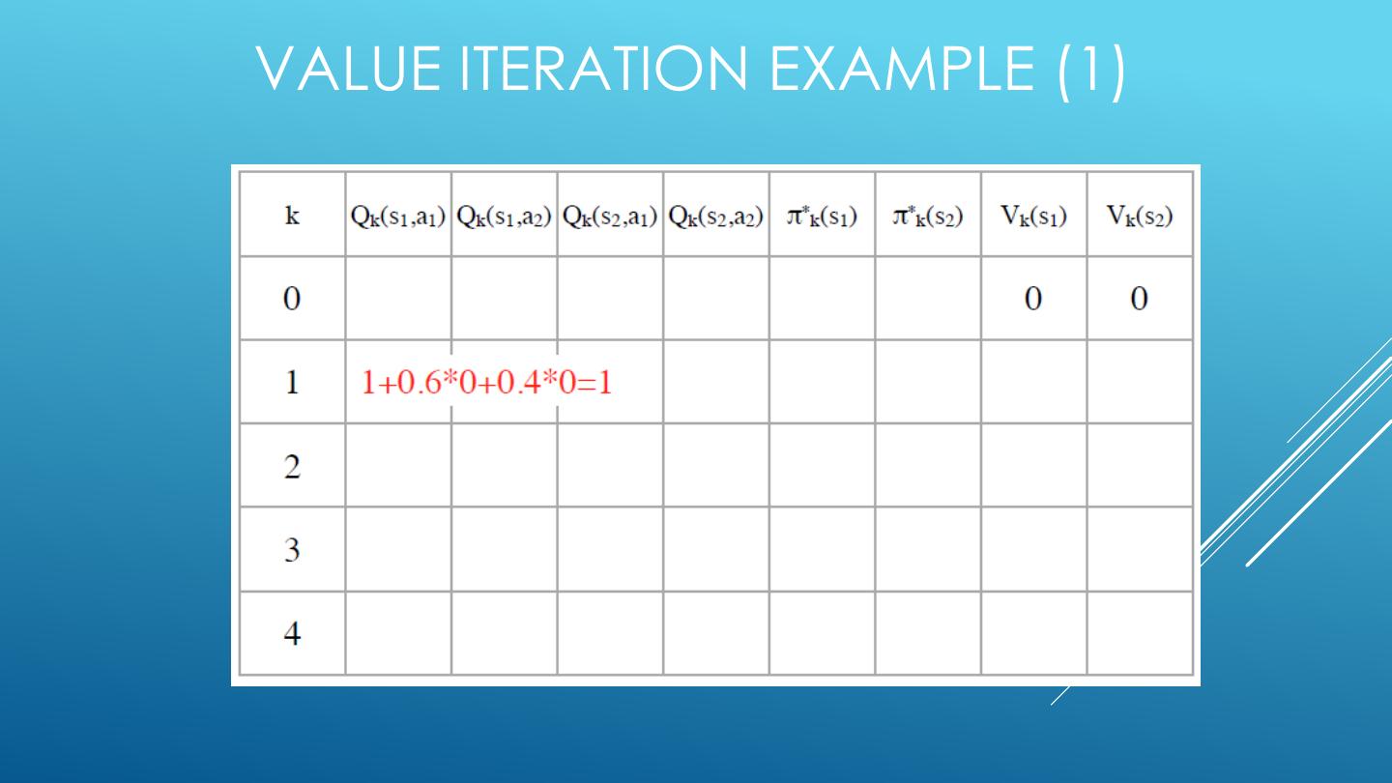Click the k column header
click(x=292, y=215)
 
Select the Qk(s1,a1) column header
click(x=398, y=215)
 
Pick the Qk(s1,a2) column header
click(x=504, y=215)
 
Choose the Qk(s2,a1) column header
click(x=610, y=215)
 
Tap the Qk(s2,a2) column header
click(x=716, y=215)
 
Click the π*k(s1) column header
click(x=822, y=215)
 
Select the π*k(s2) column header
click(x=928, y=215)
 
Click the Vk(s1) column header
click(x=1033, y=215)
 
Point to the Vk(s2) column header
click(x=1140, y=215)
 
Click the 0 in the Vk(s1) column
click(x=1033, y=299)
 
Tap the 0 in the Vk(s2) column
click(x=1140, y=299)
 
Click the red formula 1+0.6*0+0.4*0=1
click(x=486, y=383)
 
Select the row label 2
click(x=292, y=467)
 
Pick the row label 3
click(x=292, y=550)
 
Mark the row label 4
click(x=292, y=634)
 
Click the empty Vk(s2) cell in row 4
click(x=1140, y=633)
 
